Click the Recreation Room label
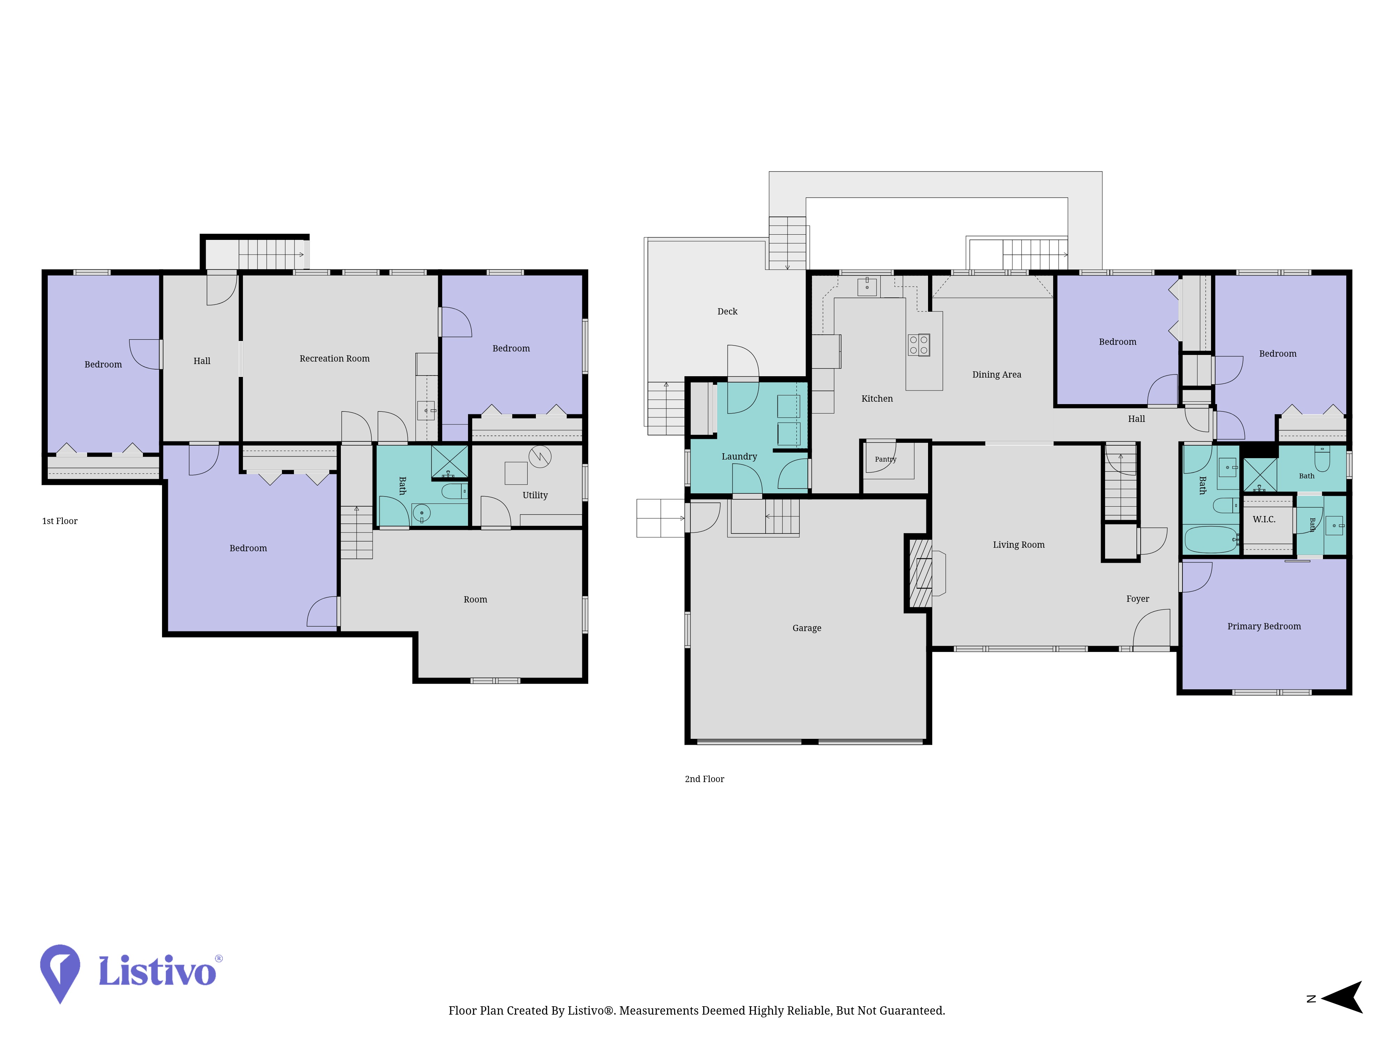point(335,359)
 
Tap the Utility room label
point(535,495)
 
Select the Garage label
point(807,628)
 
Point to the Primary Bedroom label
point(1264,626)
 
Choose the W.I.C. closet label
point(1264,520)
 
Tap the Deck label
point(727,311)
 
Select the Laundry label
point(739,456)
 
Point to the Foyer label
point(1138,599)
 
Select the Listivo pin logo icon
point(60,973)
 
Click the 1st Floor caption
point(60,521)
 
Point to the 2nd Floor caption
point(705,779)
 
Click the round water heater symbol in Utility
point(540,456)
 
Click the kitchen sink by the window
point(867,287)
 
